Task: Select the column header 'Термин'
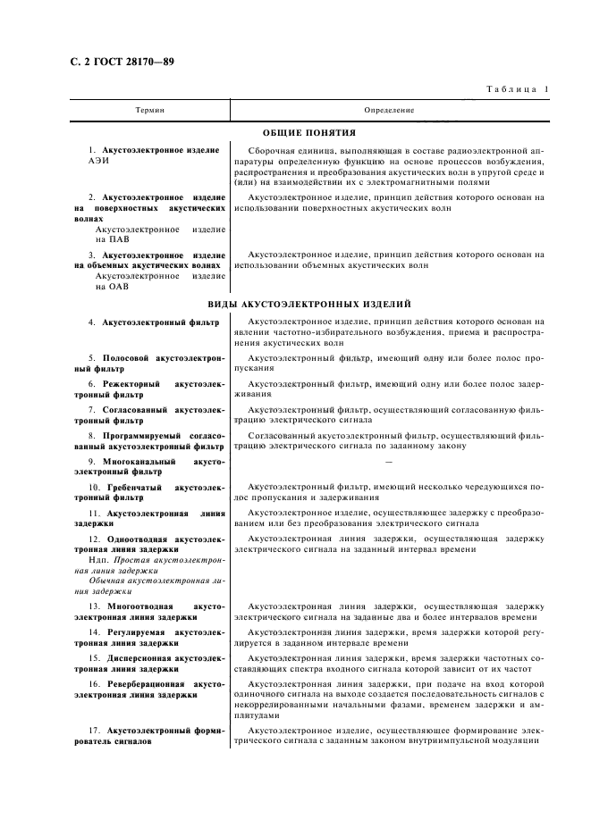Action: click(148, 110)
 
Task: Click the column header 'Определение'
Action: click(389, 110)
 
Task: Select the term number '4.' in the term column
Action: click(92, 321)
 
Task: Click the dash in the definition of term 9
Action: click(388, 462)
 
